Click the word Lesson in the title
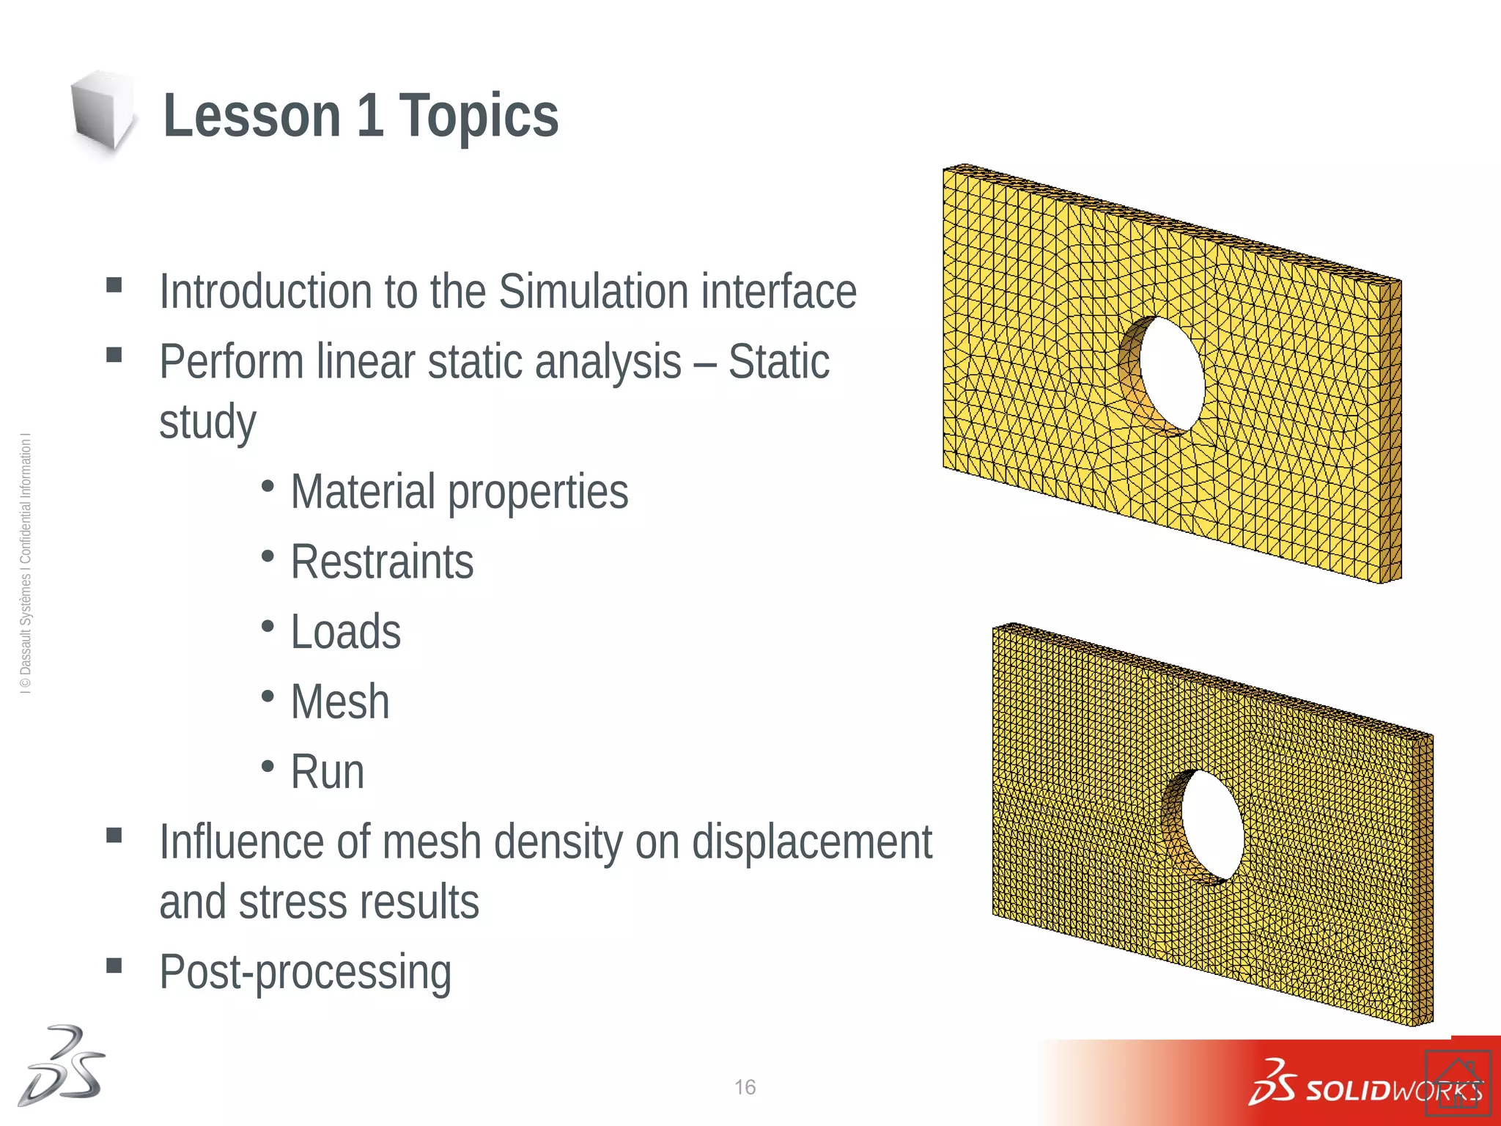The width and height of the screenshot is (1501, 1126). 251,116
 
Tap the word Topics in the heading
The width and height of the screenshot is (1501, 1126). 478,116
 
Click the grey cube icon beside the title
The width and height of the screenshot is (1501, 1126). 102,111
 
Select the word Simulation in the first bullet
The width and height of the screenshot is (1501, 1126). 593,292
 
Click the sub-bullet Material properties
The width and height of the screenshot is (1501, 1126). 459,492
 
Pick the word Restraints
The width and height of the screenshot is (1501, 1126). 382,562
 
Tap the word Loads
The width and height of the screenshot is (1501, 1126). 345,632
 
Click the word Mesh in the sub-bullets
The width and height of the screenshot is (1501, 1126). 339,702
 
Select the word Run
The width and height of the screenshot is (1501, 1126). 327,772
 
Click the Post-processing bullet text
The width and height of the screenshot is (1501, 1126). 305,972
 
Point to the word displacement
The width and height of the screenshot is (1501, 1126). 811,842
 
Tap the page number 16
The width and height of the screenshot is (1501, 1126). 745,1087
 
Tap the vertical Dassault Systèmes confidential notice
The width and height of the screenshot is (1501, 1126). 26,564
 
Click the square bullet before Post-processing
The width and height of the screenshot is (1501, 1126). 114,965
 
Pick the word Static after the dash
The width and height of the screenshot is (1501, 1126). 778,362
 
